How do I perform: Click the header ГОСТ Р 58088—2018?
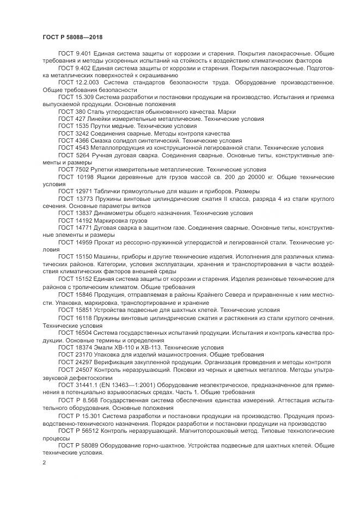72,37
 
